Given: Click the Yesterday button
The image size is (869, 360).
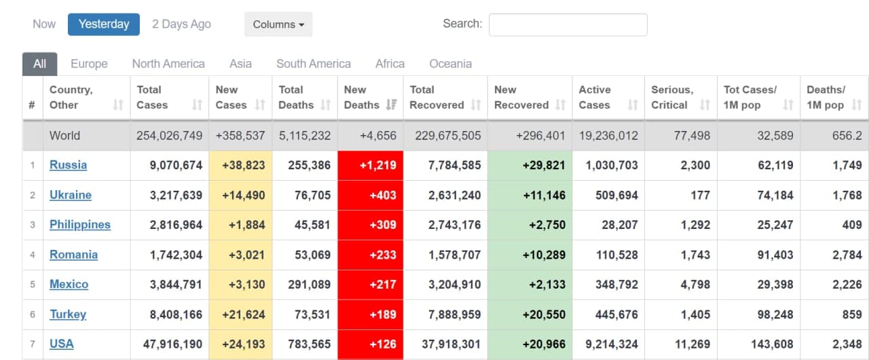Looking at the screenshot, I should click(x=103, y=24).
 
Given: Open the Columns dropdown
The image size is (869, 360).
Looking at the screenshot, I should click(x=278, y=24).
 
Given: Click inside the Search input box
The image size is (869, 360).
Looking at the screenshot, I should click(x=568, y=24).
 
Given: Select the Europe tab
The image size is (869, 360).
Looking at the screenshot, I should click(x=89, y=64).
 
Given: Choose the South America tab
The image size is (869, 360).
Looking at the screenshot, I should click(x=313, y=64).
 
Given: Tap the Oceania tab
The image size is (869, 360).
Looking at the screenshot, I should click(x=450, y=64).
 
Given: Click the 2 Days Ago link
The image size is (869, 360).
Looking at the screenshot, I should click(x=181, y=24).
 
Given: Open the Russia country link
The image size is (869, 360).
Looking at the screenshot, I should click(x=68, y=165).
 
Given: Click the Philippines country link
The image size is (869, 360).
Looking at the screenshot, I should click(x=79, y=225).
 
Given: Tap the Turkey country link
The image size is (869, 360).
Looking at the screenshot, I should click(x=68, y=314).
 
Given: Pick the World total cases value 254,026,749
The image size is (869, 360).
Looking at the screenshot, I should click(x=169, y=135).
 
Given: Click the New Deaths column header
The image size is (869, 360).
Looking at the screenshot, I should click(x=361, y=97).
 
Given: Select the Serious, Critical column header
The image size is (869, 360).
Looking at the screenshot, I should click(x=672, y=97).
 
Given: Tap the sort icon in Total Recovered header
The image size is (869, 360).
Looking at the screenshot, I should click(x=475, y=105).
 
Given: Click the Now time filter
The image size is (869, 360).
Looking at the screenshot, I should click(x=44, y=24).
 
